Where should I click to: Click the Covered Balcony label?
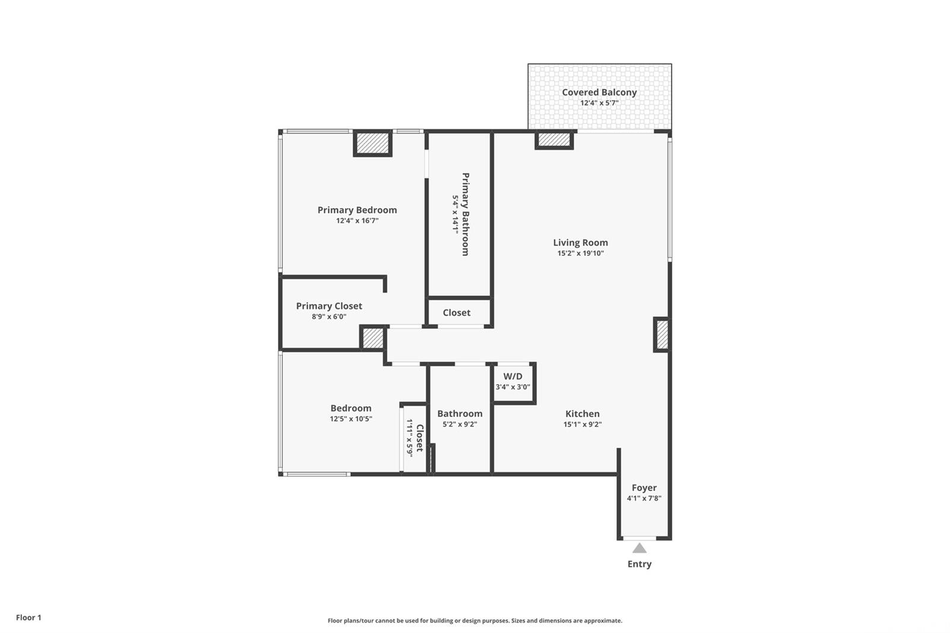pos(599,92)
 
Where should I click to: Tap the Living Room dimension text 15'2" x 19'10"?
pos(580,254)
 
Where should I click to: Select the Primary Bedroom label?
pos(357,210)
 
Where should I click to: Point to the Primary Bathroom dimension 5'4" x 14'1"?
pos(455,214)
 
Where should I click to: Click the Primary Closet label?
pos(329,306)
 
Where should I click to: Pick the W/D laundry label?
pos(513,376)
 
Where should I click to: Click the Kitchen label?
pos(582,414)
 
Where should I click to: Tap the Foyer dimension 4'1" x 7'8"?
pos(644,499)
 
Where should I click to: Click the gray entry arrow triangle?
pos(639,549)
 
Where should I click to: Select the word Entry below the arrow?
pos(639,564)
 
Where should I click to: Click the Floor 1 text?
pos(29,618)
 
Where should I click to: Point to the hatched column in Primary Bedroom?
pos(372,143)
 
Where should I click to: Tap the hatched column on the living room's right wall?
pos(662,335)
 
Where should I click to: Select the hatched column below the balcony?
pos(554,140)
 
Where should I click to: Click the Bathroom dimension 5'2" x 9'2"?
pos(460,424)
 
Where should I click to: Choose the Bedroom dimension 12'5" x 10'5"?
pos(351,419)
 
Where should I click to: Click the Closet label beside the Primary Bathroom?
pos(457,313)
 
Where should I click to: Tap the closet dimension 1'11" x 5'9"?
pos(410,438)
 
